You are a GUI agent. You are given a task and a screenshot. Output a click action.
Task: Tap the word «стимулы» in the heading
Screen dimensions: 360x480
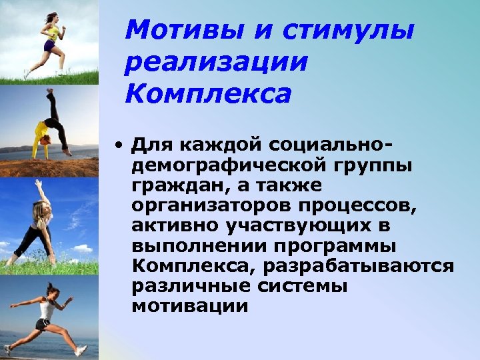(x=348, y=30)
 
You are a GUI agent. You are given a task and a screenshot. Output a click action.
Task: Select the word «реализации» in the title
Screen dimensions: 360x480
(x=217, y=62)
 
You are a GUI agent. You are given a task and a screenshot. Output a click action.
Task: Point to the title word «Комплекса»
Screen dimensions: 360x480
(x=209, y=94)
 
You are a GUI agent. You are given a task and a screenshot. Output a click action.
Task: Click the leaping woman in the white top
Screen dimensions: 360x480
(x=47, y=313)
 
